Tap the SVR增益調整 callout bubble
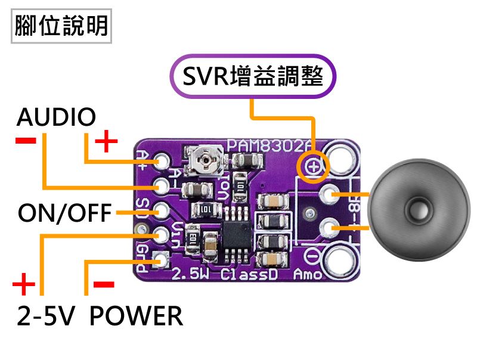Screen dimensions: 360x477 tap(253, 76)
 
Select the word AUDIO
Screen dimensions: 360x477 tap(56, 117)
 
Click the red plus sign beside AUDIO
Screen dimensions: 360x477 tap(107, 142)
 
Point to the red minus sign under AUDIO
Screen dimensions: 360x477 tap(25, 140)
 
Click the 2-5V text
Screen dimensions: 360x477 tap(45, 315)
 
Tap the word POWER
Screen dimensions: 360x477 tap(136, 315)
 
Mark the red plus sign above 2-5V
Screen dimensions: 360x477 tap(23, 285)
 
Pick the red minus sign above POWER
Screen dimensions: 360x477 tap(104, 284)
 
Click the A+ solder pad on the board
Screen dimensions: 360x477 tap(162, 162)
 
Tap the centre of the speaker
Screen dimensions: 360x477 tap(417, 210)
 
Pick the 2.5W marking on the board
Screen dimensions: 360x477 tap(188, 275)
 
